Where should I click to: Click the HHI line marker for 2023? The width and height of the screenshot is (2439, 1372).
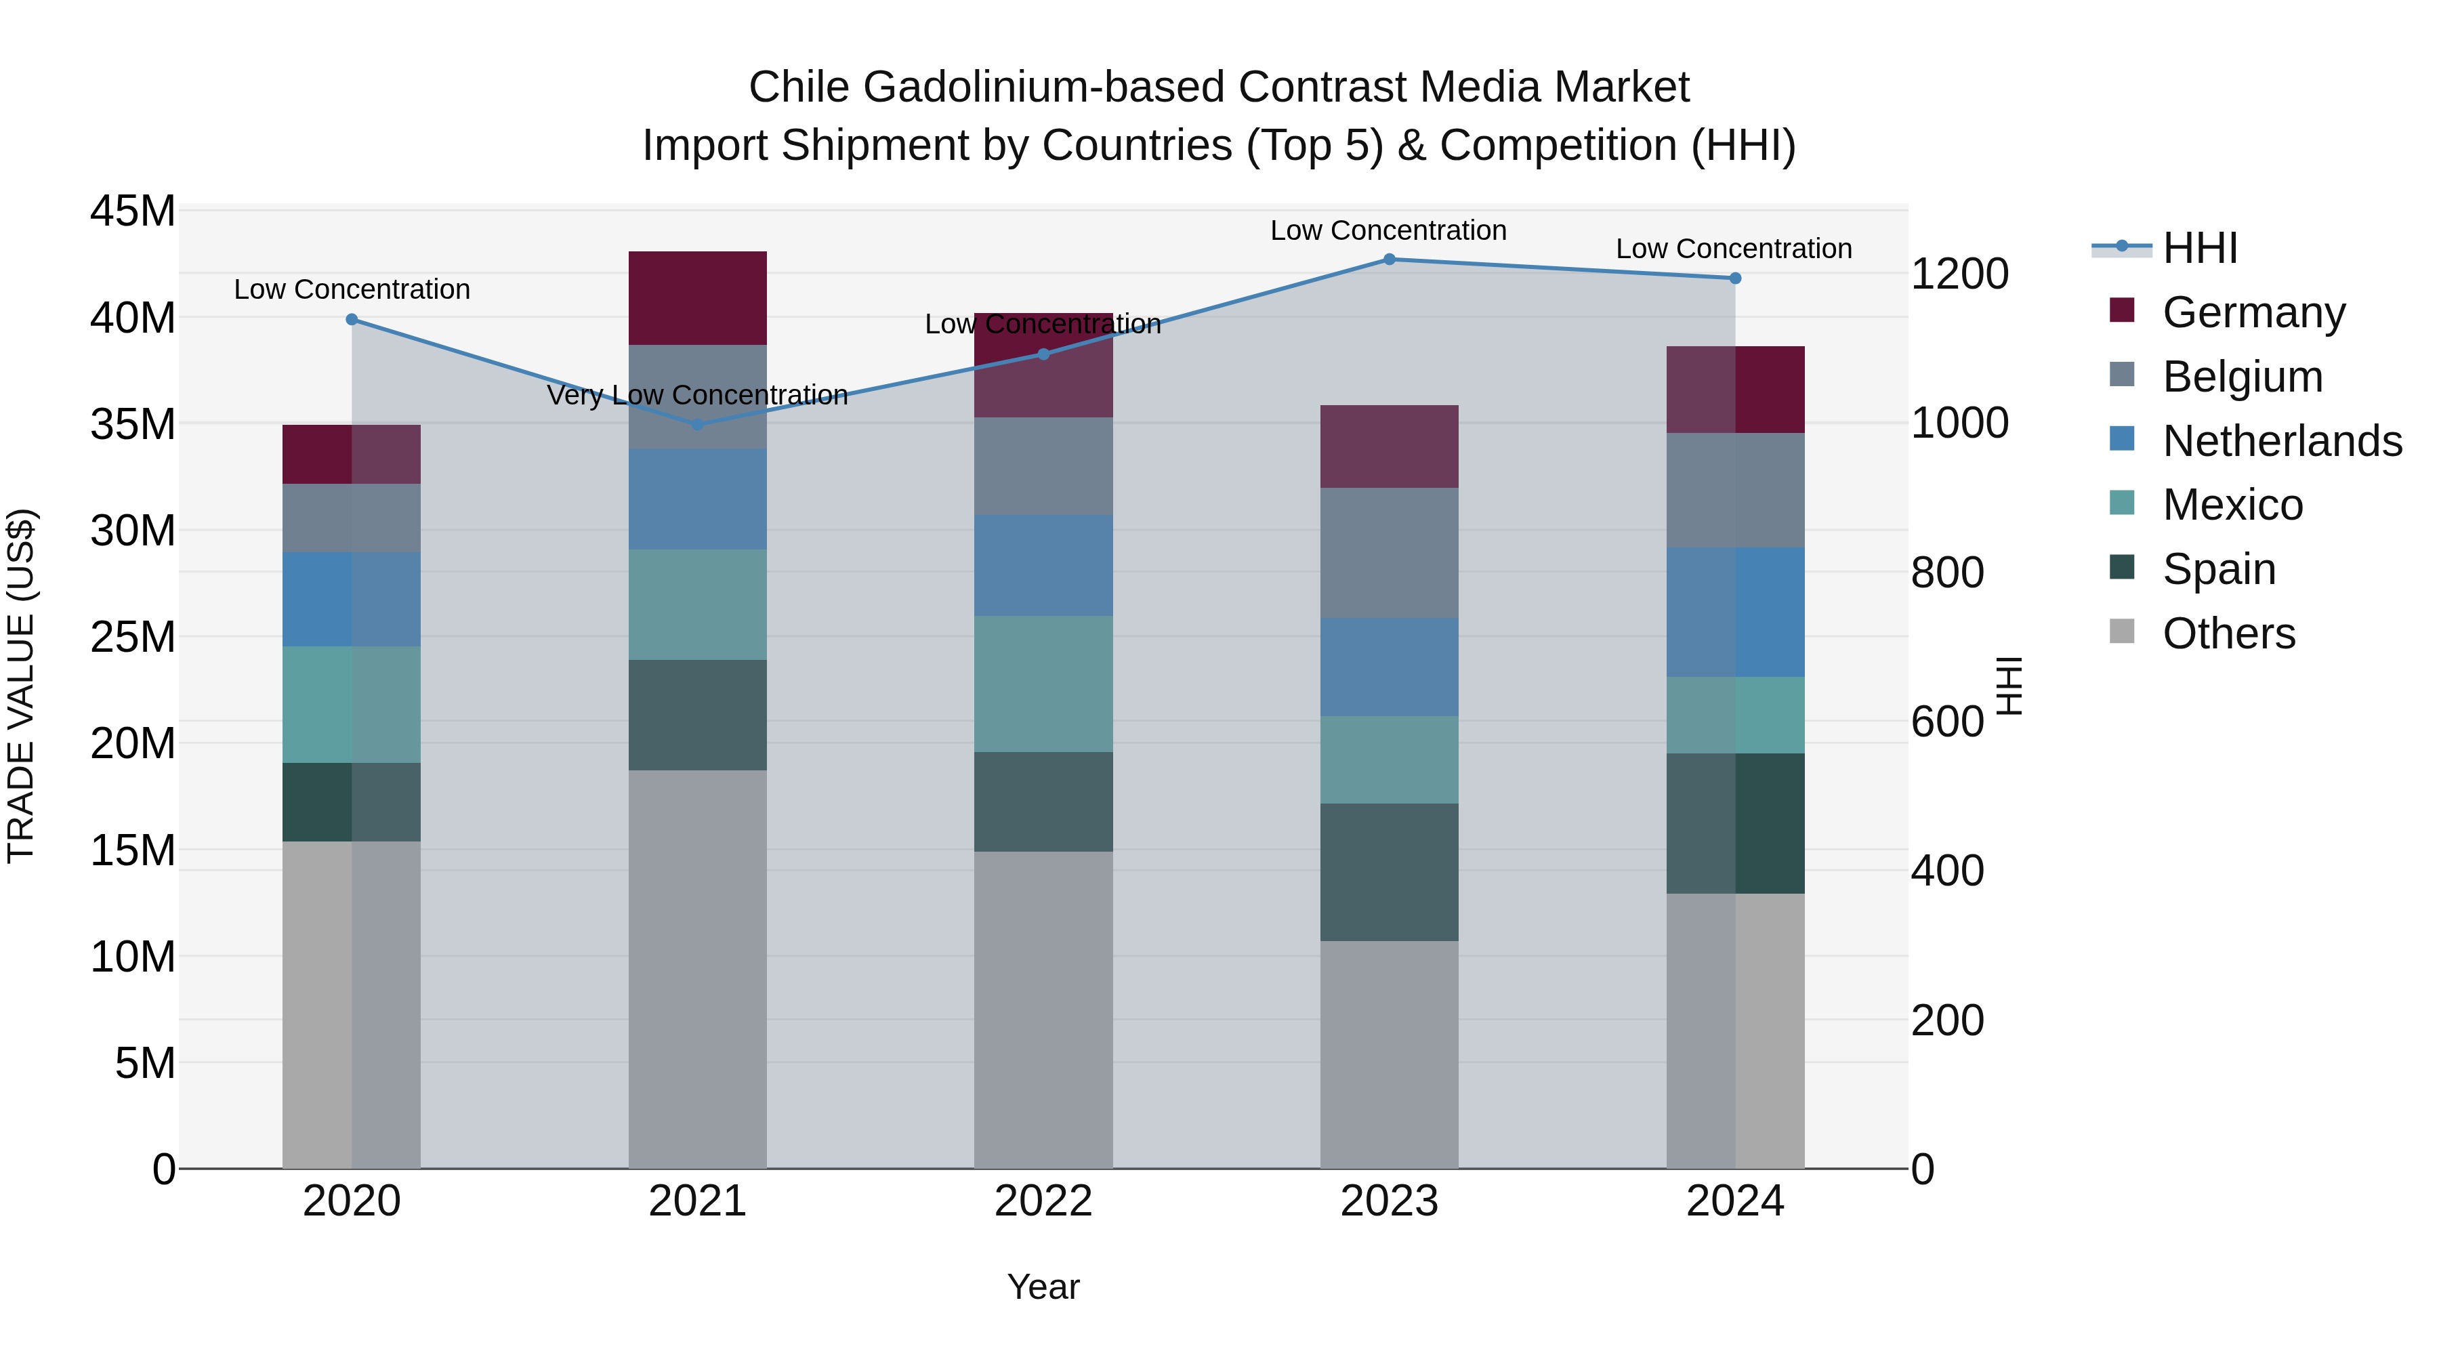1389,259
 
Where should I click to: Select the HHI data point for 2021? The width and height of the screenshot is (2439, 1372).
698,424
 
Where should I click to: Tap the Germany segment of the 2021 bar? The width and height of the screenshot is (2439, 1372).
698,297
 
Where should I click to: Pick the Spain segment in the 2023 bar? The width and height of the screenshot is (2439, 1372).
1389,871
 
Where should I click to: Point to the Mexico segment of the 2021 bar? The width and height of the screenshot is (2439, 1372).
698,604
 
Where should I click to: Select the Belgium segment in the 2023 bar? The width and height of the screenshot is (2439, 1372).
1389,553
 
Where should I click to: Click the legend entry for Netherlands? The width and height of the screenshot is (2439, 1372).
2282,440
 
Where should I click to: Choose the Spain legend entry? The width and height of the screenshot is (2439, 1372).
2218,569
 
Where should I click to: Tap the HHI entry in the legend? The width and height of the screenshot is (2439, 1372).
2199,248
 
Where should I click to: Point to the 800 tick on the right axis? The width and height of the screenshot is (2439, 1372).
1946,572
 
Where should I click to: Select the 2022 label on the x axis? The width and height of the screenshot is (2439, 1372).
1043,1201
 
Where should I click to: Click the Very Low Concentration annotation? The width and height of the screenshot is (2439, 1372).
698,395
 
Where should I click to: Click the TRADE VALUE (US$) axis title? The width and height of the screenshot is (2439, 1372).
21,686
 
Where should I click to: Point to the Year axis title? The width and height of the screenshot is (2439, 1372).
1043,1287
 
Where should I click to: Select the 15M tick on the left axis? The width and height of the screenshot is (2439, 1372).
133,850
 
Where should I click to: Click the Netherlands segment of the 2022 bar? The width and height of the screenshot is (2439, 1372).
1043,565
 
